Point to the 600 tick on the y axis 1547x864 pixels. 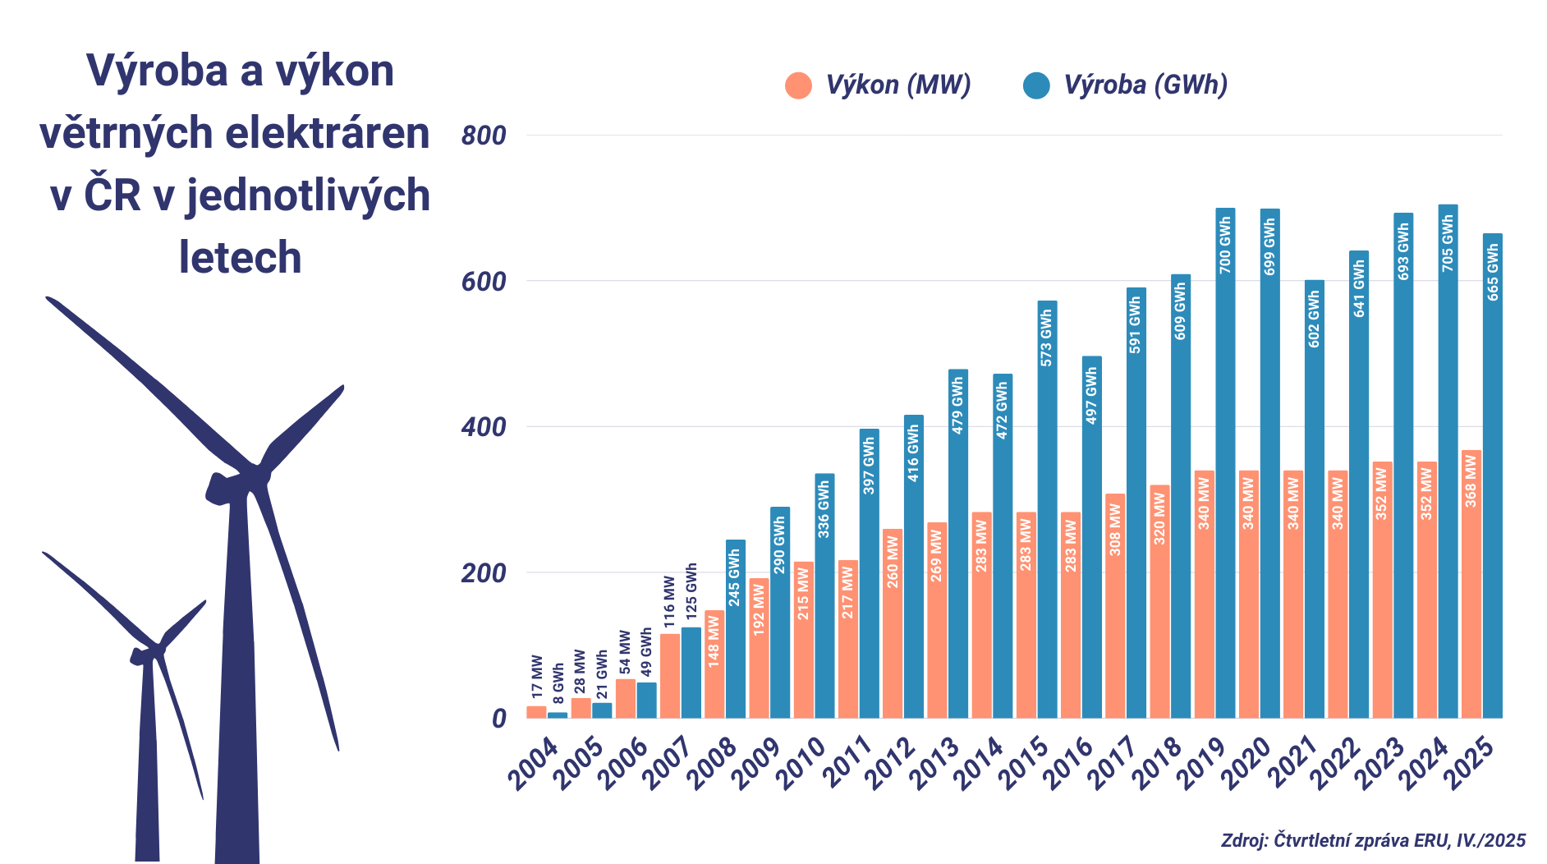pos(484,282)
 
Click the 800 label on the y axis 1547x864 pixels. pos(484,136)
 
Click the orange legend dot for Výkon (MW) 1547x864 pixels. pos(798,85)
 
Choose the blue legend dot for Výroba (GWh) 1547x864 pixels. pos(1036,85)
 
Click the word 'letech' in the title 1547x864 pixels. pos(241,258)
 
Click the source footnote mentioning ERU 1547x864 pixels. pos(1373,840)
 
